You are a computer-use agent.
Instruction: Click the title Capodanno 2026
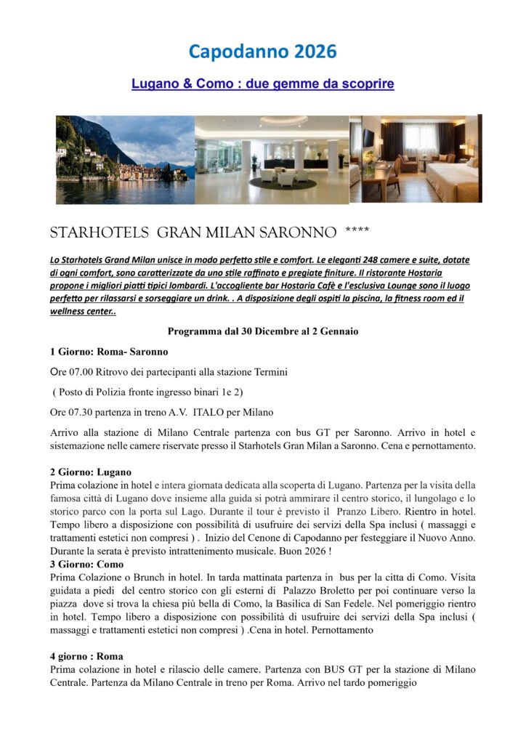point(262,52)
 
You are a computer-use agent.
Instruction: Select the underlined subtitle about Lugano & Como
point(262,84)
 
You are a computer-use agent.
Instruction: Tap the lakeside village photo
point(125,159)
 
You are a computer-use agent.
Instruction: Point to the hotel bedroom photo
point(415,158)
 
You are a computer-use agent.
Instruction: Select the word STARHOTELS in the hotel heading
point(99,234)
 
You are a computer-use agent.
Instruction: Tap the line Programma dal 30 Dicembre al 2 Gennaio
point(262,331)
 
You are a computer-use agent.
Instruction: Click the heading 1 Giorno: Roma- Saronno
point(109,352)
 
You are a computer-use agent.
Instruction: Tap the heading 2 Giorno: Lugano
point(91,472)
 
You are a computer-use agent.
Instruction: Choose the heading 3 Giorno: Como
point(87,564)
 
